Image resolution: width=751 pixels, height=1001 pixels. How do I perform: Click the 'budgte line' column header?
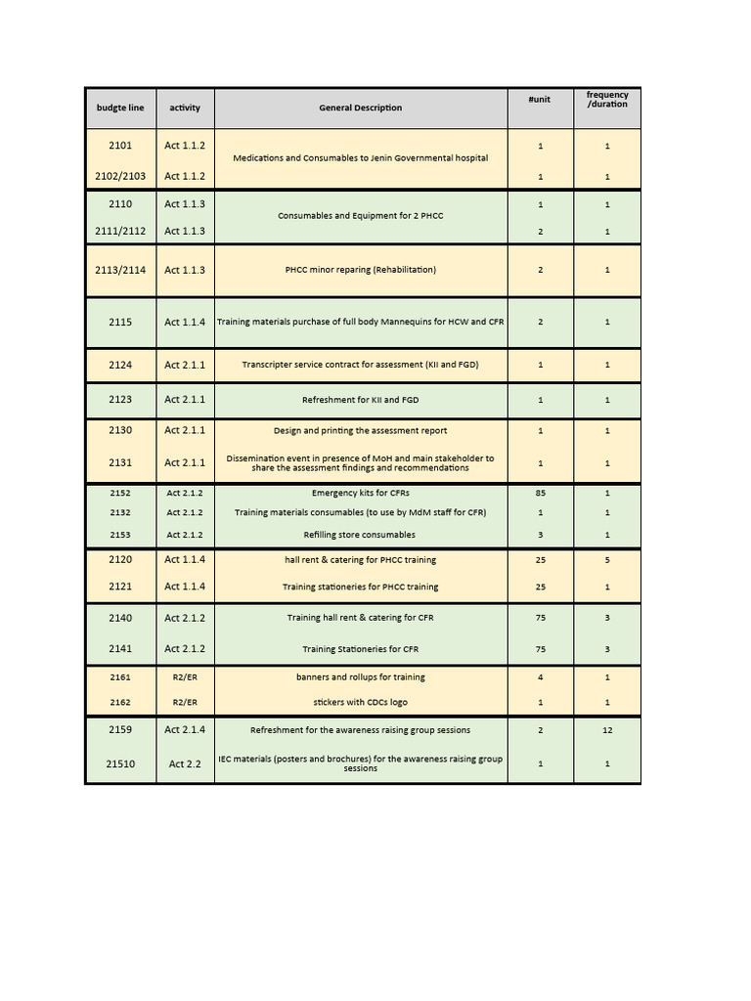tap(120, 108)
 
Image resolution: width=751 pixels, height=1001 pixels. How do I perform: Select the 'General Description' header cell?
tap(360, 108)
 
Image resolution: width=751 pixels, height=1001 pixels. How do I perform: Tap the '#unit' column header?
tap(540, 100)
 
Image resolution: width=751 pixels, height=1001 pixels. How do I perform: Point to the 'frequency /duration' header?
tap(607, 100)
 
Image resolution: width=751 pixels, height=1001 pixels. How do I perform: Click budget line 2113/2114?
tap(120, 270)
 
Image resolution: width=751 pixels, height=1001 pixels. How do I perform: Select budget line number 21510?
tap(120, 763)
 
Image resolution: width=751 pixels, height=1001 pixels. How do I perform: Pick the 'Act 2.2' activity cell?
tap(185, 763)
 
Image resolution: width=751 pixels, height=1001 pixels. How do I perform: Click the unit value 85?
tap(540, 493)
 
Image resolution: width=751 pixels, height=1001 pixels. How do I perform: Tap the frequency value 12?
tap(607, 730)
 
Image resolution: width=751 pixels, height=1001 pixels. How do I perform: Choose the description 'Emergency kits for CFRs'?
tap(360, 493)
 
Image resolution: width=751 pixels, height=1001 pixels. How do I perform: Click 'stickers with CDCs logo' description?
tap(360, 702)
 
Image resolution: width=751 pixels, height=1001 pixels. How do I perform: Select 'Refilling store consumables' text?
tap(360, 535)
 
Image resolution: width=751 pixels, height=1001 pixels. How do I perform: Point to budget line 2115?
tap(120, 322)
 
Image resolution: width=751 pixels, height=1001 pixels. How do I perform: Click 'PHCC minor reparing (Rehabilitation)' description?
tap(360, 270)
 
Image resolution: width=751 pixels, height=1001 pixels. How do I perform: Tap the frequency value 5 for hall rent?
tap(607, 560)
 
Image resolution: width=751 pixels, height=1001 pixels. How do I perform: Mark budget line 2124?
tap(120, 365)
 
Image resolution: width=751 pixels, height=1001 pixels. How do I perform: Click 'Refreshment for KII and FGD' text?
tap(360, 400)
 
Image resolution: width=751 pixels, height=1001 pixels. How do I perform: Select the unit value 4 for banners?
tap(540, 676)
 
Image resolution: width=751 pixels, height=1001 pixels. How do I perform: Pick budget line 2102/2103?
tap(120, 176)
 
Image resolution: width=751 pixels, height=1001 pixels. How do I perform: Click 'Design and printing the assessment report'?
tap(360, 430)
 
